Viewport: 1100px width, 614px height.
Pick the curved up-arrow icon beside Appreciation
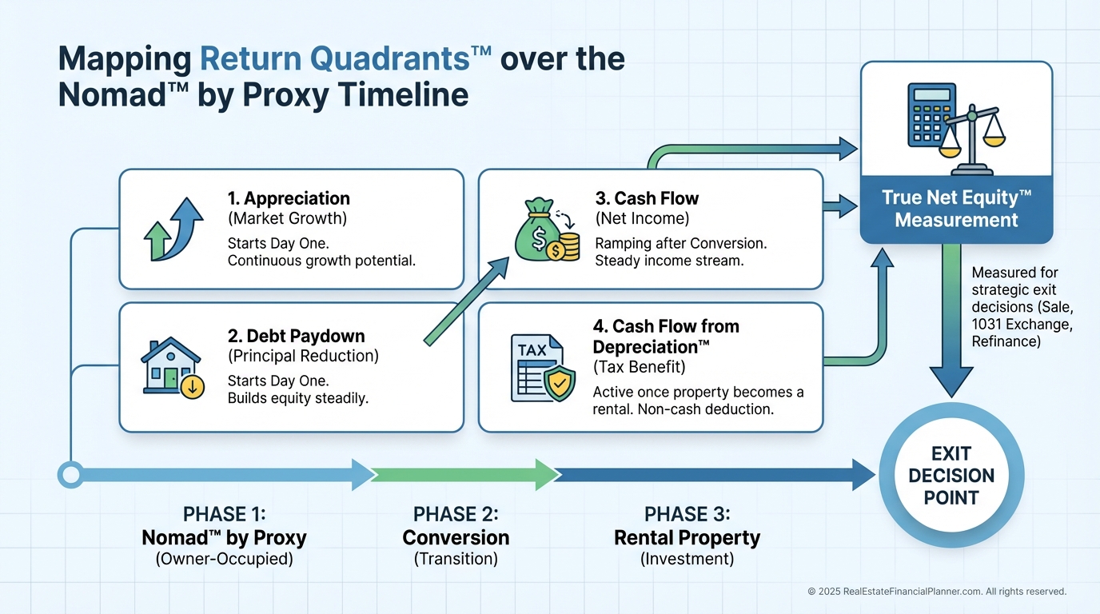click(173, 229)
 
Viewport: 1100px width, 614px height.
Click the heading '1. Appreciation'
click(289, 198)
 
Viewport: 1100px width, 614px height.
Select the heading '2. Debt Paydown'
click(296, 336)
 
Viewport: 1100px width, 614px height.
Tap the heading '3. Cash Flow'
click(647, 198)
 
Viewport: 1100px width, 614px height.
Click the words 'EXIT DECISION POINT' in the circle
click(951, 476)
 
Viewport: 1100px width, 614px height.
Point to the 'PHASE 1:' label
click(224, 513)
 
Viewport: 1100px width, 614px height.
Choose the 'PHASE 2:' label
click(456, 513)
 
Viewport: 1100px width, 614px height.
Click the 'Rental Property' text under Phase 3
click(687, 538)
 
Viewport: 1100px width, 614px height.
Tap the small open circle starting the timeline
click(70, 475)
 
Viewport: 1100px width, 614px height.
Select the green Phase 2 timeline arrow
click(464, 475)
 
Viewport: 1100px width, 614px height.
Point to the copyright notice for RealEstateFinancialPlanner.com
click(937, 592)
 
